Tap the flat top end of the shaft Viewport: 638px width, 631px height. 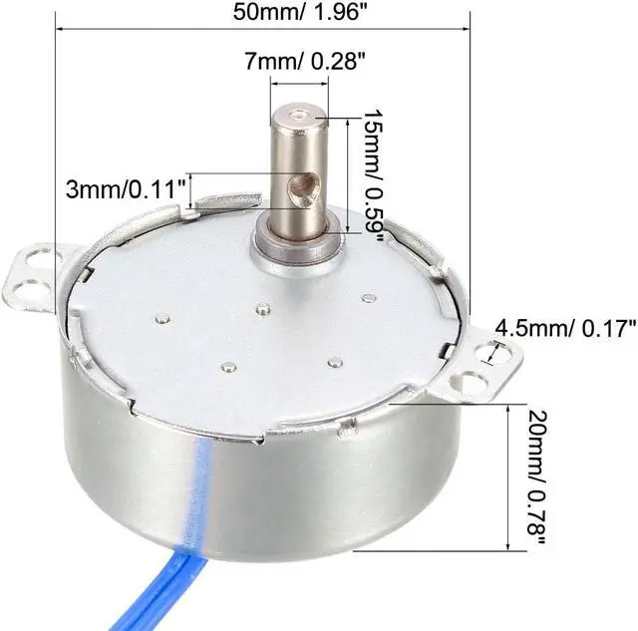pyautogui.click(x=307, y=119)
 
